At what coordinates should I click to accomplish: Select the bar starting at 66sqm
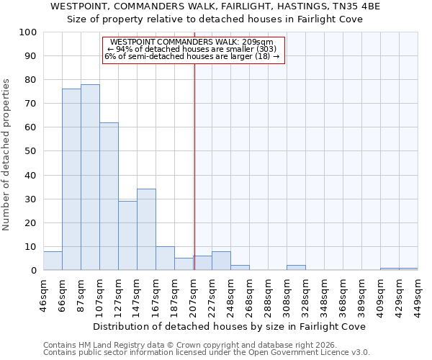coord(71,179)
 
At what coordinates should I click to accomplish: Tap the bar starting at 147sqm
coord(146,230)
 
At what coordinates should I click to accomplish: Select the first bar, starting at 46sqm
coord(53,261)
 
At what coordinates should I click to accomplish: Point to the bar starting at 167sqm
coord(165,258)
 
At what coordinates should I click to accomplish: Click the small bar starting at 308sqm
coord(296,268)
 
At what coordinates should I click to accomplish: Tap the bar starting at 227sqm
coord(221,261)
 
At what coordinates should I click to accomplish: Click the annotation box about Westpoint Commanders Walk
coord(194,50)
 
